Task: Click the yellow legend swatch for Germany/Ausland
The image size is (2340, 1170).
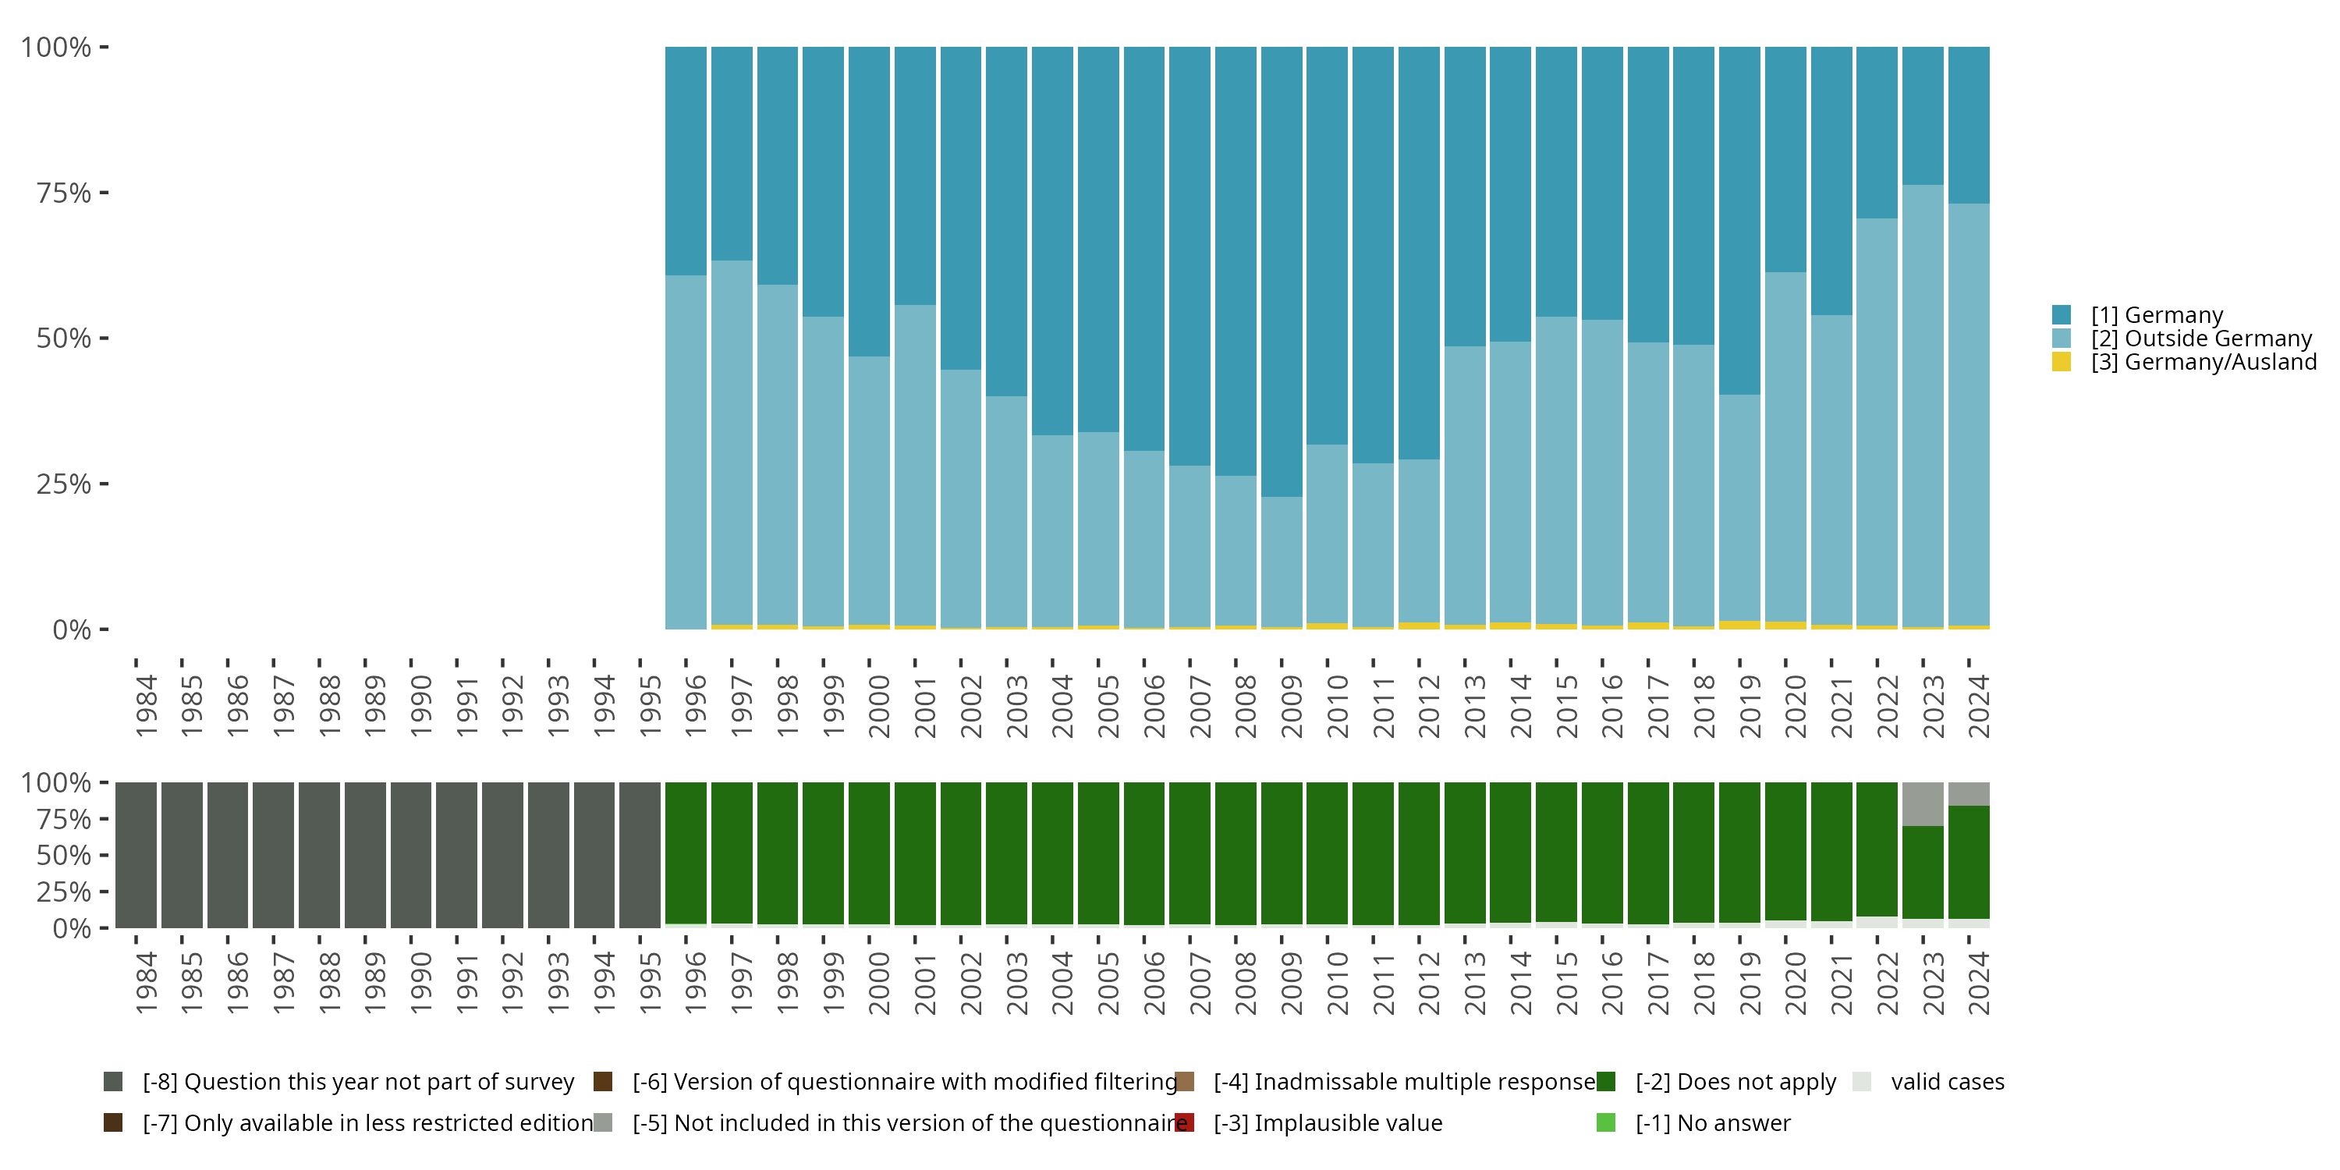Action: [2061, 363]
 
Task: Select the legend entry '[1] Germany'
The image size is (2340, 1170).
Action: [2156, 315]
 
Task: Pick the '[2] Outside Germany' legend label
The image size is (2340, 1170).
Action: [2200, 339]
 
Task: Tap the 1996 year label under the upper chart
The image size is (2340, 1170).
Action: [696, 706]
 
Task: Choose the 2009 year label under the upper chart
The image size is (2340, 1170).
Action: [1291, 706]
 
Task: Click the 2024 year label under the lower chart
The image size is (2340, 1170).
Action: [1978, 983]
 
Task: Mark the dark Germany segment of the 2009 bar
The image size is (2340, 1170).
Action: [1282, 272]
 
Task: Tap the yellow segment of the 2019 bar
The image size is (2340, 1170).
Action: [1739, 625]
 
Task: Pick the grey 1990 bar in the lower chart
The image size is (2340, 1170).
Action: [410, 855]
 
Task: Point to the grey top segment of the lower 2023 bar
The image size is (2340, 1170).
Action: [1922, 804]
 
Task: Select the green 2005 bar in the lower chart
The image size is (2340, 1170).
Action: [1098, 854]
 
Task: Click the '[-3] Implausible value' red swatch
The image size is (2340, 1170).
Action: [1185, 1122]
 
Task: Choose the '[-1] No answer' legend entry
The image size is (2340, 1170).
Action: [1712, 1122]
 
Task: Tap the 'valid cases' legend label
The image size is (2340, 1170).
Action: [1947, 1082]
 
